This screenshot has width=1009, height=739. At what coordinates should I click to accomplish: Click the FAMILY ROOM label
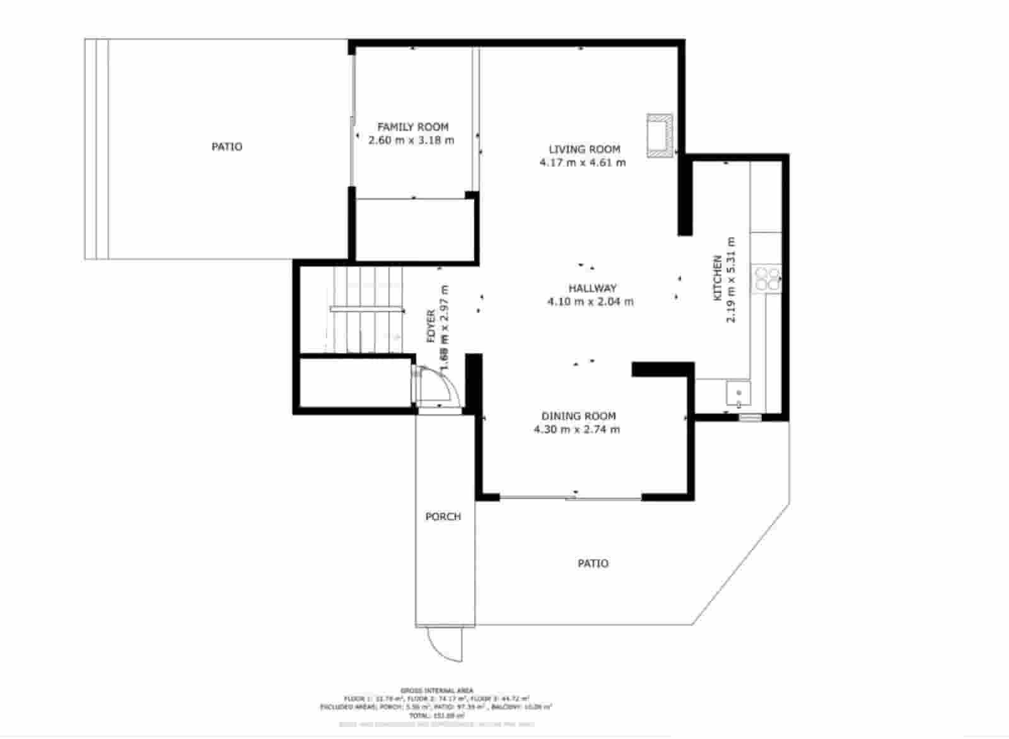point(412,127)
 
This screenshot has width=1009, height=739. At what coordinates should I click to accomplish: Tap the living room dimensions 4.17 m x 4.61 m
point(583,163)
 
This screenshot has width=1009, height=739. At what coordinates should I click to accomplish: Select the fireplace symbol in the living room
point(660,135)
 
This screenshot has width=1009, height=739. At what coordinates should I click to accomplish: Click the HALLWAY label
point(592,288)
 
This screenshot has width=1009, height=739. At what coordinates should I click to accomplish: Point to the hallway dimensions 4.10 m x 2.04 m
point(590,302)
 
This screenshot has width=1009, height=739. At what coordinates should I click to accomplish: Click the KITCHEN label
point(717,278)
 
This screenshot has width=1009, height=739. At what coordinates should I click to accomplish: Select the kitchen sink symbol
point(738,394)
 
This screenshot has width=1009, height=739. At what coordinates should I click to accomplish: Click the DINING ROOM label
point(578,416)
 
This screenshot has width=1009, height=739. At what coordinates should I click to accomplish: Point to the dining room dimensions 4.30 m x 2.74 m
point(576,430)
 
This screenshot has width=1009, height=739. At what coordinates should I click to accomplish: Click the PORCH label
point(443,517)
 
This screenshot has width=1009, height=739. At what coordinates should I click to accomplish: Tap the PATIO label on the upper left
point(226,147)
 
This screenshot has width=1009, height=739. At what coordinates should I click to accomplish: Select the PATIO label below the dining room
point(593,563)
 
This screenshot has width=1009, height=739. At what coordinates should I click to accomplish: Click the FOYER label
point(431,326)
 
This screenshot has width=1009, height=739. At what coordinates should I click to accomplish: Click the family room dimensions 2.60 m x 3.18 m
point(411,140)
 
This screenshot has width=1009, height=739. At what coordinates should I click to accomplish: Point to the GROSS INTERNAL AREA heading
point(436,690)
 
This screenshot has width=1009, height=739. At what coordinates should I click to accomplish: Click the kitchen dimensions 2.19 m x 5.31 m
point(731,280)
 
